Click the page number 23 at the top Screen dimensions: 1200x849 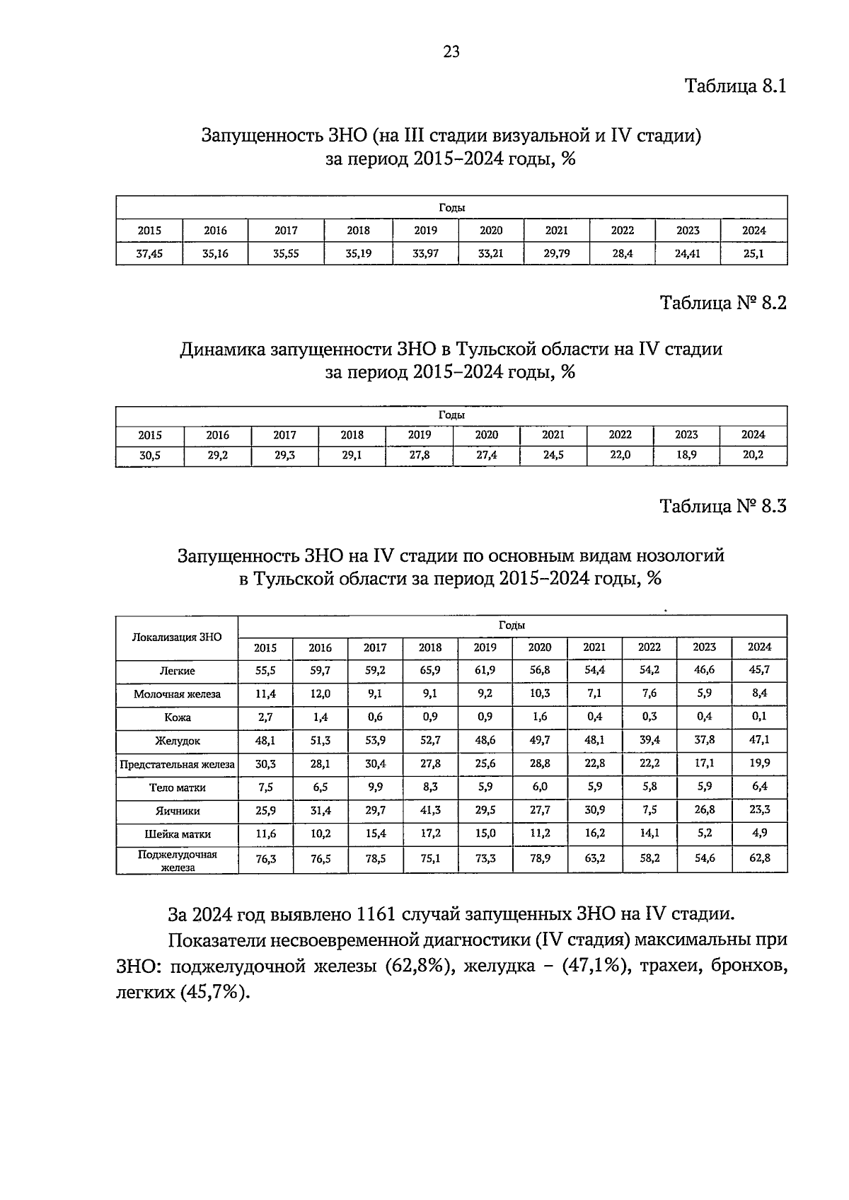pyautogui.click(x=451, y=51)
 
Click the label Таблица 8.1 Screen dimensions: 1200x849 pyautogui.click(x=735, y=86)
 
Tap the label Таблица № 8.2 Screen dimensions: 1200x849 pyautogui.click(x=722, y=303)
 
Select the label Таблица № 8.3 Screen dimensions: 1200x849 pyautogui.click(x=722, y=506)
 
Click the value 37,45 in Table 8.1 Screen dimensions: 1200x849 pyautogui.click(x=149, y=253)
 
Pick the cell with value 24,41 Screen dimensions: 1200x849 pyautogui.click(x=687, y=253)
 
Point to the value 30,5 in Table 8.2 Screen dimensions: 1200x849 pyautogui.click(x=149, y=456)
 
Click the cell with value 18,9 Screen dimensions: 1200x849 pyautogui.click(x=686, y=455)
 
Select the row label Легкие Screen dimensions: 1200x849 pyautogui.click(x=177, y=671)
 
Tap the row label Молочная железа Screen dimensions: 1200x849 pyautogui.click(x=177, y=694)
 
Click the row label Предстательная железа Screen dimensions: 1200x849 pyautogui.click(x=177, y=764)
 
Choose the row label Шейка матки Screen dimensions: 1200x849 pyautogui.click(x=177, y=834)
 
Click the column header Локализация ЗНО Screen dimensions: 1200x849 pyautogui.click(x=177, y=637)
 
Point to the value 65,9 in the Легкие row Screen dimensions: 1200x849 pyautogui.click(x=429, y=669)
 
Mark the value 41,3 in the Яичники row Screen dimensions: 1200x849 pyautogui.click(x=429, y=810)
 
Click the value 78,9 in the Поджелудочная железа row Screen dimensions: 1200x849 pyautogui.click(x=539, y=859)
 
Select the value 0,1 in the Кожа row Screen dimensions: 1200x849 pyautogui.click(x=759, y=716)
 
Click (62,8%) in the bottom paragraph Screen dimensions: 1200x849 pyautogui.click(x=419, y=967)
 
